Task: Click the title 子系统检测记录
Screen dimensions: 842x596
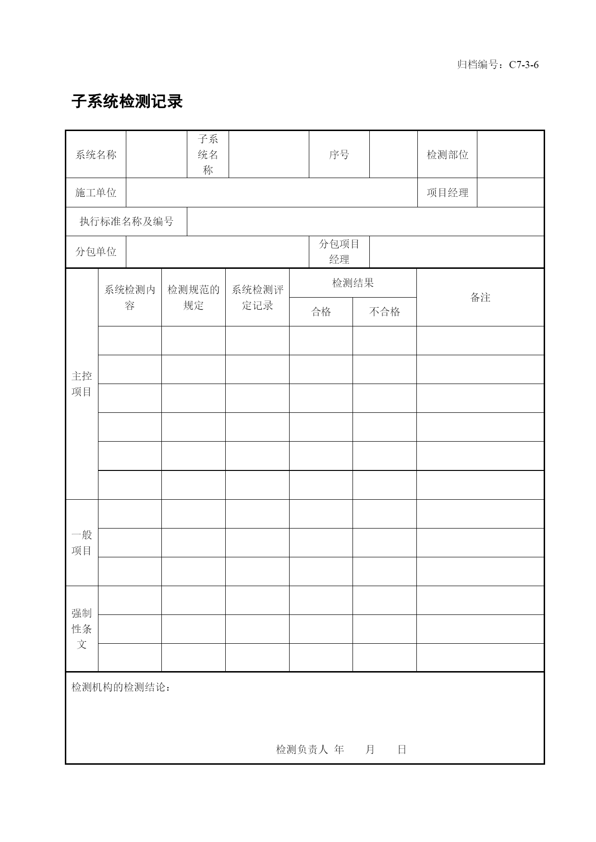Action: coord(127,102)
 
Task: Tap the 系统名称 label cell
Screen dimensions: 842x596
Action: coord(96,155)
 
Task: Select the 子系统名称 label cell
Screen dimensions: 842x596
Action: coord(208,155)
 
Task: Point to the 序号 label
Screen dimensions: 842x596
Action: coord(339,155)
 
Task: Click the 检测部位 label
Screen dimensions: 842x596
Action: coord(447,155)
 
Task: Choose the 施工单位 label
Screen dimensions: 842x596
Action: coord(96,192)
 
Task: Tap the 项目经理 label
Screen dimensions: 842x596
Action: coord(447,192)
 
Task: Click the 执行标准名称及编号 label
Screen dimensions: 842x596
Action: coord(126,221)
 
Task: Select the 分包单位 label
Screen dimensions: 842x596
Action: coord(96,252)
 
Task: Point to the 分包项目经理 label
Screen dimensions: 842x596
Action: coord(339,252)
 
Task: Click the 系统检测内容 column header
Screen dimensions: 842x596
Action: coord(130,298)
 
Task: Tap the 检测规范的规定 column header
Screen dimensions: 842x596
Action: coord(194,298)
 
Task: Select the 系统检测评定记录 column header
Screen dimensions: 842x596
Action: coord(257,298)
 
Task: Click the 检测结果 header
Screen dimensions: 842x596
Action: coord(353,283)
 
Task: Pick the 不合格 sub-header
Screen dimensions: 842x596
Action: coord(385,312)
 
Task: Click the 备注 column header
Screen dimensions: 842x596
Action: coord(480,298)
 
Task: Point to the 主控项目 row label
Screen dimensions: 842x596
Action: coord(82,384)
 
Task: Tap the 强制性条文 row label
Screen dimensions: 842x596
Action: coord(82,628)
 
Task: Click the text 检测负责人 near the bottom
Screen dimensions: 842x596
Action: coord(302,749)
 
